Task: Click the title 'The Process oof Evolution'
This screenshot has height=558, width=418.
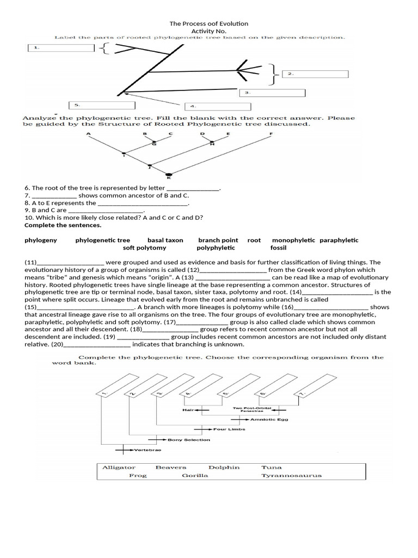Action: [x=209, y=23]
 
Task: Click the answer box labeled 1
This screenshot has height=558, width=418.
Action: [x=62, y=48]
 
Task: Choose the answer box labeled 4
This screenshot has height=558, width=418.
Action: [x=216, y=106]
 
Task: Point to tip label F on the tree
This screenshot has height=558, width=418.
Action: [x=271, y=134]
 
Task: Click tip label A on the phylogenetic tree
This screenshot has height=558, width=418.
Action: [x=88, y=134]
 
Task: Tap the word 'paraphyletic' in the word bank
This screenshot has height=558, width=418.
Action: [x=339, y=240]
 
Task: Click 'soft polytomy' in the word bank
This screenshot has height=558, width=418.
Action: [x=144, y=247]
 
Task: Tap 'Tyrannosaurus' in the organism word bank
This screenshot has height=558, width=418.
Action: [x=291, y=475]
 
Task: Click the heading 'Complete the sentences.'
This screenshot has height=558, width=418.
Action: [x=55, y=225]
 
